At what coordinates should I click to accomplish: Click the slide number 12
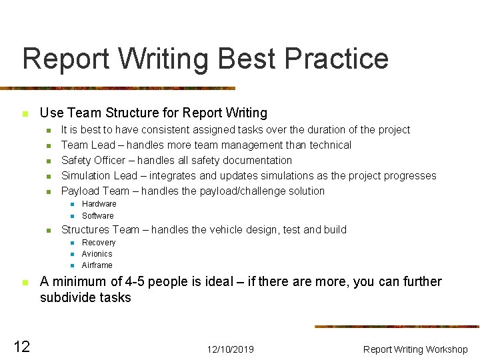(21, 347)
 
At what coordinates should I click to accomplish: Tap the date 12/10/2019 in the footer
(230, 349)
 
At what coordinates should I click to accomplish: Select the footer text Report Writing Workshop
(415, 349)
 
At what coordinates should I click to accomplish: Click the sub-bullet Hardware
(99, 204)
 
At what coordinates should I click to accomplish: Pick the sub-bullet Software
(97, 216)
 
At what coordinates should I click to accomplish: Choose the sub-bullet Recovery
(98, 243)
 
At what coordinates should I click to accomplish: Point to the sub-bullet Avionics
(97, 254)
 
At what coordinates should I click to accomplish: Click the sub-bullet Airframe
(97, 265)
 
